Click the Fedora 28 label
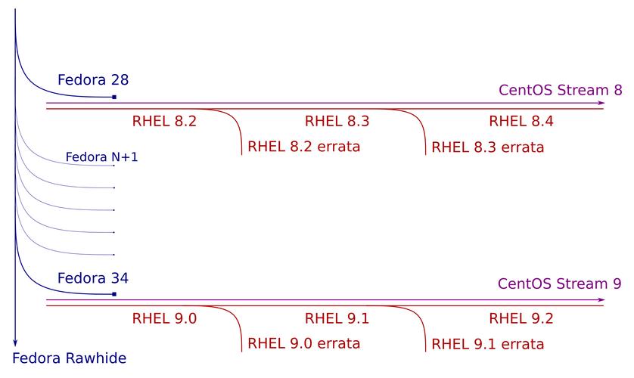pyautogui.click(x=93, y=80)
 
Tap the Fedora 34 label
pyautogui.click(x=93, y=277)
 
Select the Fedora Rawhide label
pyautogui.click(x=70, y=358)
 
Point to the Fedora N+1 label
pyautogui.click(x=102, y=158)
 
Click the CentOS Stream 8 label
pyautogui.click(x=560, y=90)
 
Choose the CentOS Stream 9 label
pyautogui.click(x=560, y=284)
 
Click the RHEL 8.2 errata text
pyautogui.click(x=304, y=147)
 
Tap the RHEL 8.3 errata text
pyautogui.click(x=488, y=147)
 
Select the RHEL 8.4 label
pyautogui.click(x=521, y=121)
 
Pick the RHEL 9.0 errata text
pyautogui.click(x=304, y=343)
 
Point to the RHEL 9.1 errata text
pyautogui.click(x=488, y=345)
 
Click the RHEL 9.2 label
pyautogui.click(x=521, y=318)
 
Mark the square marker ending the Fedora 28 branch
pyautogui.click(x=114, y=97)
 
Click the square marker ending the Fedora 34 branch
pyautogui.click(x=114, y=293)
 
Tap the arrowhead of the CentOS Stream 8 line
pyautogui.click(x=601, y=103)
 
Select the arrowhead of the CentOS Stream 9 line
pyautogui.click(x=601, y=300)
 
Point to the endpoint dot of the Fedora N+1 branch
pyautogui.click(x=113, y=165)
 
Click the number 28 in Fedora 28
pyautogui.click(x=119, y=80)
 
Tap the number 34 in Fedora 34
pyautogui.click(x=118, y=277)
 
